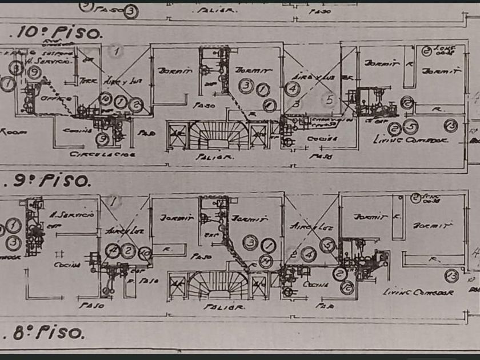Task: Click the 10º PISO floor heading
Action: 57,32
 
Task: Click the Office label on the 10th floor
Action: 55,98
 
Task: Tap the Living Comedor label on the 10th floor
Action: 410,139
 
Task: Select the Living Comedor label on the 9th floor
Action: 418,292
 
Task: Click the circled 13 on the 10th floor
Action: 451,125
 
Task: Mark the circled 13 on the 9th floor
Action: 453,275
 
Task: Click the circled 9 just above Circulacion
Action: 102,138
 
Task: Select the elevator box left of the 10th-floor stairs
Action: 178,137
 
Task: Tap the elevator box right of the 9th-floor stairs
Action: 259,285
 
